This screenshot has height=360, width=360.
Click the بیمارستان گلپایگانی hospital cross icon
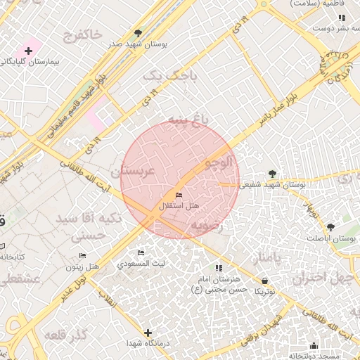28,51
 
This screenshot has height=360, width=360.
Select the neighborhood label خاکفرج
82,33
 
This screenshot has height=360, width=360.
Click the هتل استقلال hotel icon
178,195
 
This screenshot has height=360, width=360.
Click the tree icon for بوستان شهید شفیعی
272,174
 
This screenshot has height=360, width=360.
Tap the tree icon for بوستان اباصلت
330,226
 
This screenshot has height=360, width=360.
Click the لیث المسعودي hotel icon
141,252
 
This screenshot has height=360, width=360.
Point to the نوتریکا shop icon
264,281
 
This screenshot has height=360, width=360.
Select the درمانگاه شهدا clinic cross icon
148,333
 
